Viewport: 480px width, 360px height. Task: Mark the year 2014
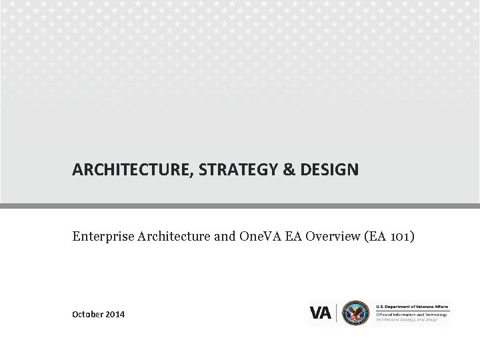115,314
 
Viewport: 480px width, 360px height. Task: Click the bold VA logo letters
321,313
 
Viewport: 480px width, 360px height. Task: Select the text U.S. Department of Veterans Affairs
413,303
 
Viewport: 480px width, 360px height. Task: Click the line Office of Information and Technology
408,314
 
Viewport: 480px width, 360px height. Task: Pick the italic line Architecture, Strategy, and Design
407,320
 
